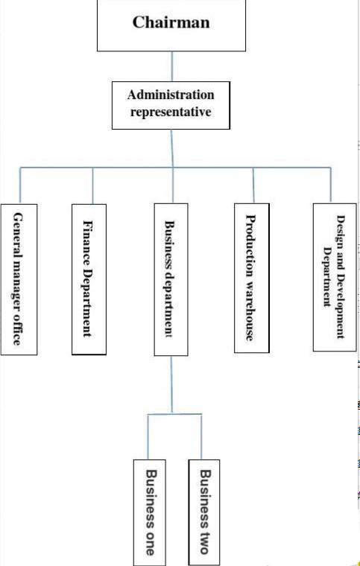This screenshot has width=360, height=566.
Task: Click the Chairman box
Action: (x=171, y=25)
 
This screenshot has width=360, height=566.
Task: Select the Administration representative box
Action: (x=171, y=105)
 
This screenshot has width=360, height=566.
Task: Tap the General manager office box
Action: (x=19, y=279)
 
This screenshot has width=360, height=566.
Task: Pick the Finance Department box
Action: (x=89, y=279)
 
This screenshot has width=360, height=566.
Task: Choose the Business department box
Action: (x=171, y=280)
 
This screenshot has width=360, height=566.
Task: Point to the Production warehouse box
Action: (x=252, y=278)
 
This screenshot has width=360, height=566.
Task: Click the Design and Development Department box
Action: (x=335, y=277)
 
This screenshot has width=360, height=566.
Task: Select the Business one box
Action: (x=150, y=512)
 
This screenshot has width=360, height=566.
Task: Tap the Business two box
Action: (x=204, y=512)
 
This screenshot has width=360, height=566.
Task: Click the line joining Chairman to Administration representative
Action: (x=172, y=66)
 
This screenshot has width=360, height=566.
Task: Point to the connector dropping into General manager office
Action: (x=20, y=185)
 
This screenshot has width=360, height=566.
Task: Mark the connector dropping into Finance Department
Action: (x=93, y=185)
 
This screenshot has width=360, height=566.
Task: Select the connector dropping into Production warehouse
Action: (x=253, y=185)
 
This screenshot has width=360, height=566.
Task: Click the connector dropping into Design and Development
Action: (x=330, y=185)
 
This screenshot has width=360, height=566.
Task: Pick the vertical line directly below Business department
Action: (x=171, y=385)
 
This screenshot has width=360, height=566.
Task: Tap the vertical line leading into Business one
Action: (x=148, y=437)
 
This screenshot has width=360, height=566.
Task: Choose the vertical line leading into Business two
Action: (x=201, y=437)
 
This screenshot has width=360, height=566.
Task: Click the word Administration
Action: (x=171, y=95)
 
